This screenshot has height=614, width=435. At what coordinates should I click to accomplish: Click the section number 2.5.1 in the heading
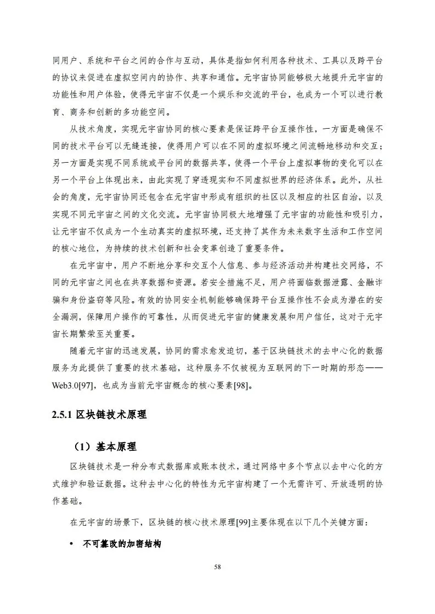[61, 415]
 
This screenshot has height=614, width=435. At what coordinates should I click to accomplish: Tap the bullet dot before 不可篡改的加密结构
[72, 545]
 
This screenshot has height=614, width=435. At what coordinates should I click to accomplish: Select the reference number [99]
[242, 522]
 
